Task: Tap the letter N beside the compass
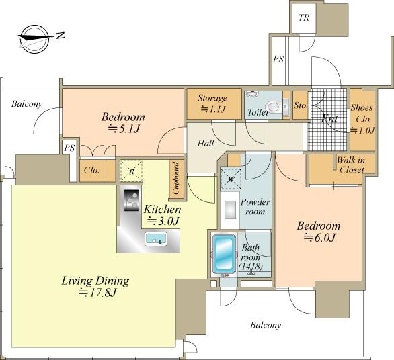61,36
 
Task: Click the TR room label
304,18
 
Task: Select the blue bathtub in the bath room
224,254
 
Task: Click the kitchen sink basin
156,239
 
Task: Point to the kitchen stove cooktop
131,200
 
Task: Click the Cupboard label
176,178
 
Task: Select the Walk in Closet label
351,165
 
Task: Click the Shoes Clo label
362,119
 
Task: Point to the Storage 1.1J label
212,103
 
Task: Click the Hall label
206,143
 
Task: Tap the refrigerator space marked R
131,171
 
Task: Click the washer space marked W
231,179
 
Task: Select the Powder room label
255,207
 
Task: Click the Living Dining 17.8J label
95,286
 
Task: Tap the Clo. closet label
91,170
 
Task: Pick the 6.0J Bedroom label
319,231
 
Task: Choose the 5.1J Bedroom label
123,122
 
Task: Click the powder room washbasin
230,210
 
